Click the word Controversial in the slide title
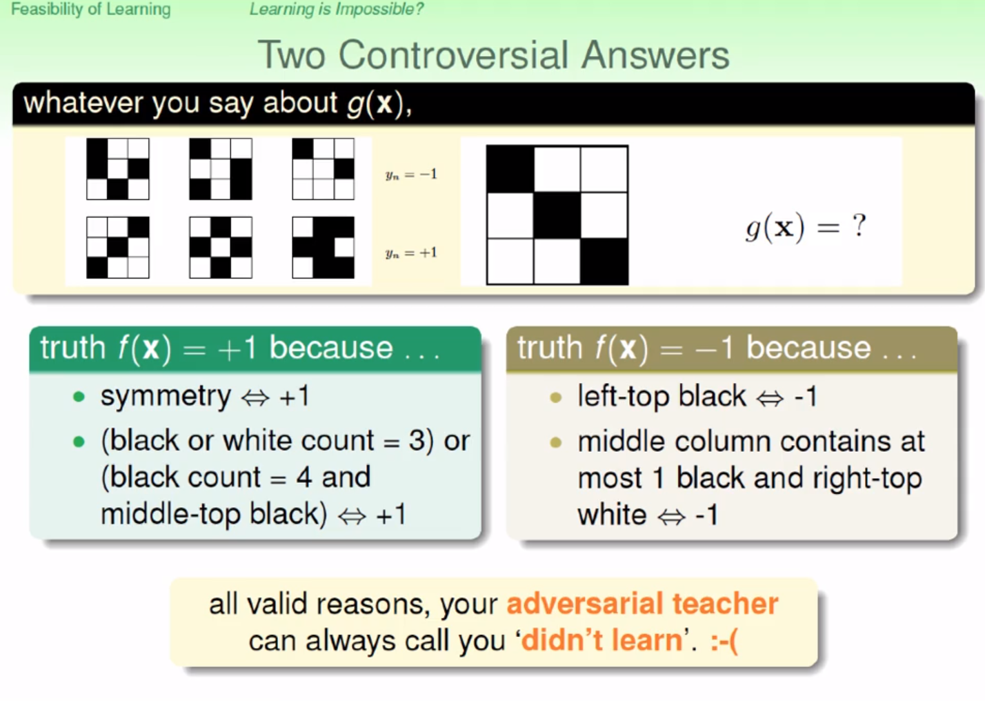455,55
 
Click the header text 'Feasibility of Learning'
90,9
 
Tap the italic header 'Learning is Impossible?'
337,9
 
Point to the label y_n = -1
411,175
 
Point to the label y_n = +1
411,253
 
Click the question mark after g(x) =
859,226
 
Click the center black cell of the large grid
557,215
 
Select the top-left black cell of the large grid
510,169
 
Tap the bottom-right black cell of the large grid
604,261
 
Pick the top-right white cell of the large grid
604,169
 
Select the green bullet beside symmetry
79,397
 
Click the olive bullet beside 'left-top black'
556,397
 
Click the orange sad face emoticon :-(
724,641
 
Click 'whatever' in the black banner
83,103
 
